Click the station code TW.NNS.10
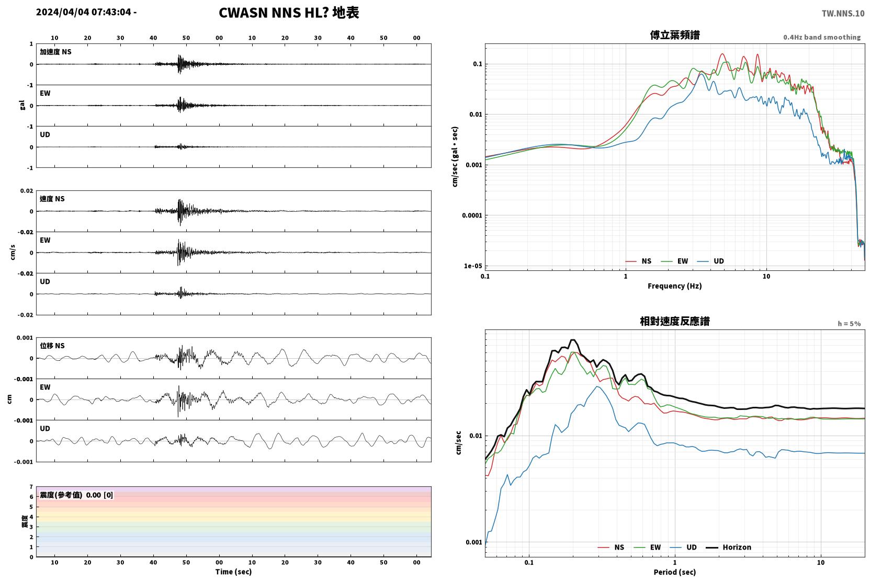point(843,13)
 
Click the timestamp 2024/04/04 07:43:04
point(84,12)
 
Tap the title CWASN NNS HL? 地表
point(289,13)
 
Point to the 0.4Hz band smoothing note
point(822,37)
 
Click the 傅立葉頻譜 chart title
point(675,35)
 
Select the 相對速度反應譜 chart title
point(675,321)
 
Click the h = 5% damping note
point(849,323)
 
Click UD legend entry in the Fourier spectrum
point(710,261)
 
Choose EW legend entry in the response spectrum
point(647,547)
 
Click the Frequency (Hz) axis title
point(675,286)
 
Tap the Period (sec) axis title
point(675,572)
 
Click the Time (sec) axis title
point(233,572)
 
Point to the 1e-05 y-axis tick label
point(473,266)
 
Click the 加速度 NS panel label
point(55,52)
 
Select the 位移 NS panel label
point(52,346)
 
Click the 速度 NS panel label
point(52,199)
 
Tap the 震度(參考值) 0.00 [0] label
point(76,495)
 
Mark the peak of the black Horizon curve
point(572,340)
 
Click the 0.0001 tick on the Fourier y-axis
point(472,215)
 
